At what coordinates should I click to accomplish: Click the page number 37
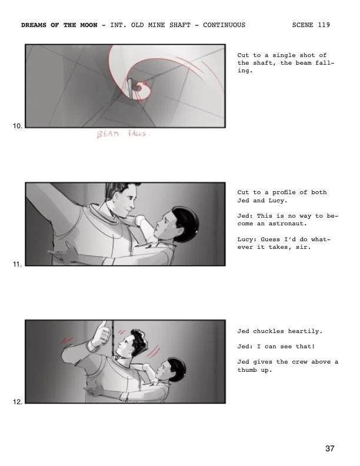coord(329,449)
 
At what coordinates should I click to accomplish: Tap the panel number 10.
coord(18,126)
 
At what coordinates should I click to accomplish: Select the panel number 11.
coord(18,264)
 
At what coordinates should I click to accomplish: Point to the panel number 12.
coord(18,402)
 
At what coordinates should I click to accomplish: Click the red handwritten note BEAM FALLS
coord(124,135)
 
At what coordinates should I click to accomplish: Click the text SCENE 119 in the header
coord(311,25)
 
